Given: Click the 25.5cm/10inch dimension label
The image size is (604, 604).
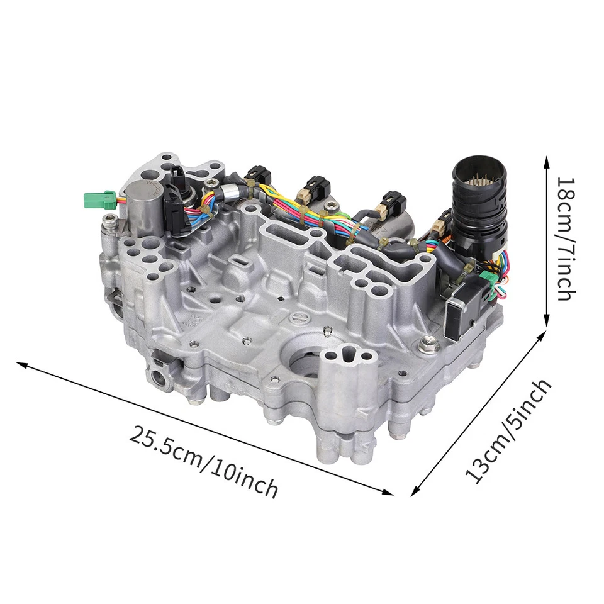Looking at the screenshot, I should click(204, 461).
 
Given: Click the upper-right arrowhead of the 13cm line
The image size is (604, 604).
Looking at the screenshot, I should click(542, 336).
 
